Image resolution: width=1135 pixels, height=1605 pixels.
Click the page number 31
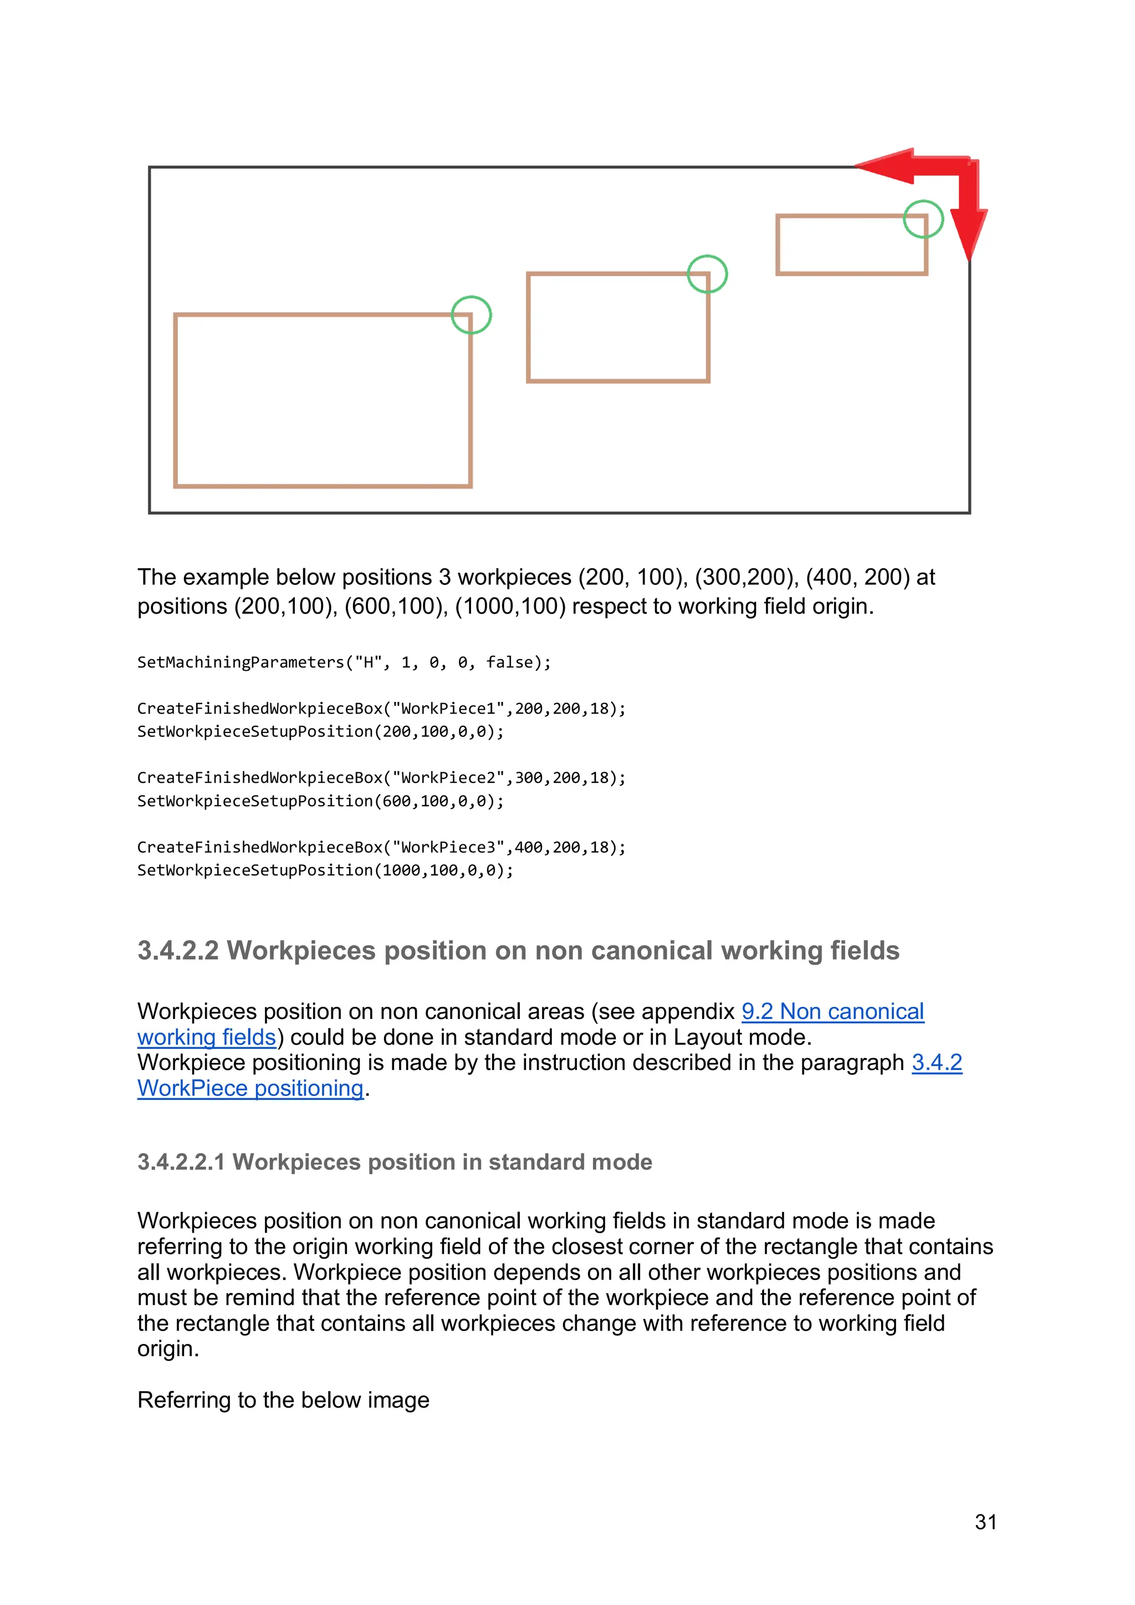(985, 1522)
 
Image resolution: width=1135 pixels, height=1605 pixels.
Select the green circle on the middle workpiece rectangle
(707, 274)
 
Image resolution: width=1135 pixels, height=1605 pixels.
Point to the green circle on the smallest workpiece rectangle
(923, 220)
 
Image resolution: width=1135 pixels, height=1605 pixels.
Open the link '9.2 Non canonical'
(832, 1012)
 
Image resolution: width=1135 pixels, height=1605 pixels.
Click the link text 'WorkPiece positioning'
(250, 1088)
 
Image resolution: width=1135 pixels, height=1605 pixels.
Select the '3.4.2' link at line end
(937, 1063)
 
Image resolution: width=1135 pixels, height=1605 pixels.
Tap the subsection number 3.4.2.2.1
(181, 1162)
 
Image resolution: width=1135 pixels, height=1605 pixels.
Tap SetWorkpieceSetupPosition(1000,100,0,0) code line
(325, 870)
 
